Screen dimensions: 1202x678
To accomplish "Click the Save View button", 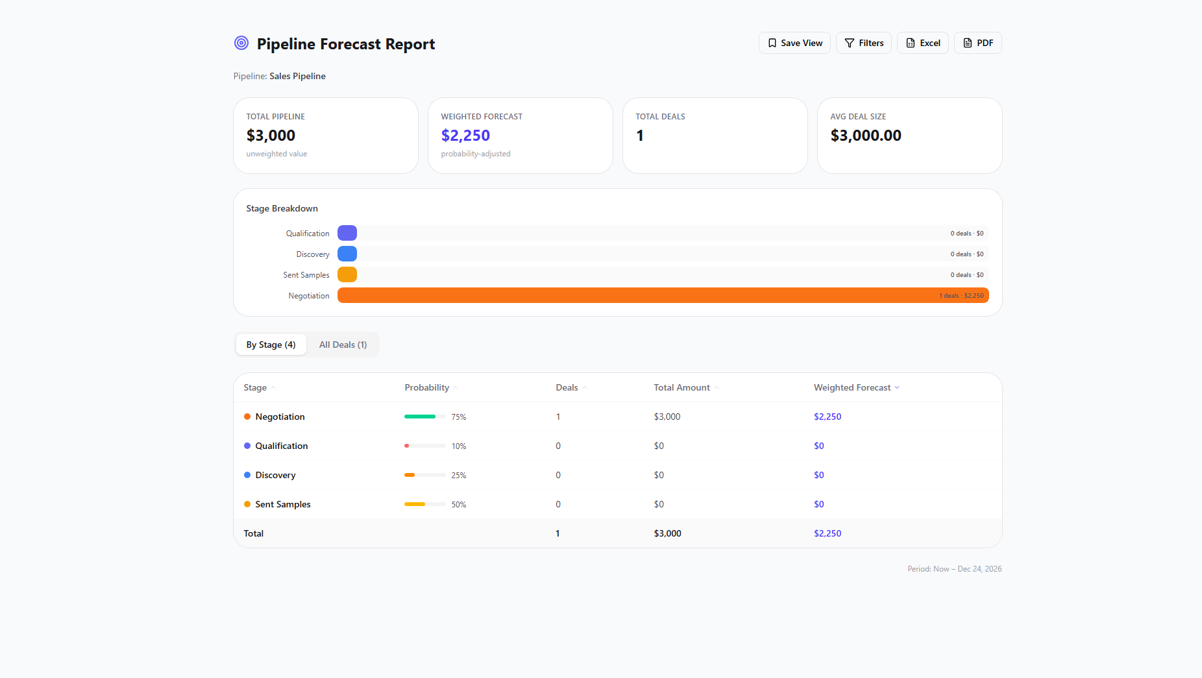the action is tap(794, 43).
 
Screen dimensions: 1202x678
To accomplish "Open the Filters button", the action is tap(864, 43).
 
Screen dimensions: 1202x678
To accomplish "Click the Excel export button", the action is tap(923, 43).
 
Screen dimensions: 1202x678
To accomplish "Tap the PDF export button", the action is tap(978, 43).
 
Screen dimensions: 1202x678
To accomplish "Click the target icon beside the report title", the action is tap(241, 43).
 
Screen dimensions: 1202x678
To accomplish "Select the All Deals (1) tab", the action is tap(343, 345).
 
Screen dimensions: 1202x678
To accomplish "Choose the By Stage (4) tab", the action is tap(271, 345).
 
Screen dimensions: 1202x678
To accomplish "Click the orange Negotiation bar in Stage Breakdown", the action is tap(663, 295).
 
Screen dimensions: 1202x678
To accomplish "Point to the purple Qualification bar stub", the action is tap(347, 233).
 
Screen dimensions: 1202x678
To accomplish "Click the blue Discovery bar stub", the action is tap(347, 254).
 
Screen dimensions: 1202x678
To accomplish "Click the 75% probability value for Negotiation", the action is tap(459, 417).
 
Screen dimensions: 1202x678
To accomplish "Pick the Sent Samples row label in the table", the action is tap(283, 504).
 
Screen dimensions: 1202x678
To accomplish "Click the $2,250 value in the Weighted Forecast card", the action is tap(465, 136).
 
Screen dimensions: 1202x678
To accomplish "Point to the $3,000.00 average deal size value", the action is tap(866, 136).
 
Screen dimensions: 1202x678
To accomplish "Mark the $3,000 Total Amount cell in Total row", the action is tap(667, 533).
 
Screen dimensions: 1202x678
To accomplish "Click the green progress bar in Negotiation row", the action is tap(420, 417).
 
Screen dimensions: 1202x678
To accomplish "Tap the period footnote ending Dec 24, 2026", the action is tap(955, 569).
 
